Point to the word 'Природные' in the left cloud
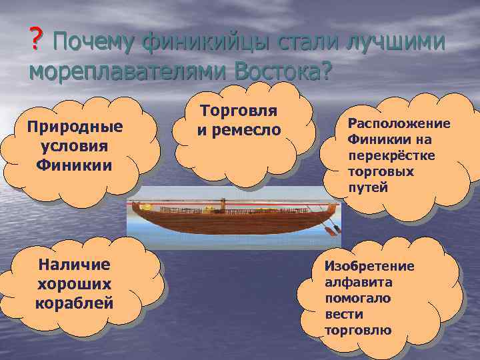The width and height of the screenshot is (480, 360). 75,127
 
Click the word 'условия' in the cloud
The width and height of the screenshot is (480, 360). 75,145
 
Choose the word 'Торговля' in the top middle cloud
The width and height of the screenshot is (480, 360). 239,111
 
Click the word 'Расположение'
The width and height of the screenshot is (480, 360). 399,124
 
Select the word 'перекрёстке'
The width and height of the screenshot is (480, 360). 381,156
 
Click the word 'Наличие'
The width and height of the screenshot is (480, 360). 74,265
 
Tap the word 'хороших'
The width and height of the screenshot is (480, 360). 74,283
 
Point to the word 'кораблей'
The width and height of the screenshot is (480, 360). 74,302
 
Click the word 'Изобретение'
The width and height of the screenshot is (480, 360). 369,266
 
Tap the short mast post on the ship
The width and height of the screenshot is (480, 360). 220,204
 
